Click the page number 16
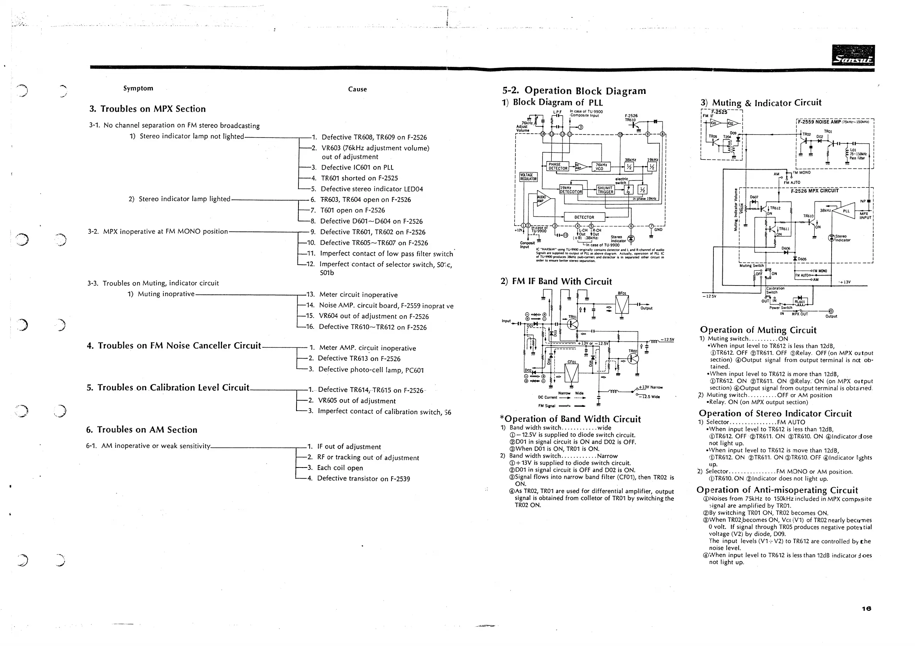coord(866,609)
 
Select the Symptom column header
coord(138,88)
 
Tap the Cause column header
coord(357,89)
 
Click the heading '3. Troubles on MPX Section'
coord(147,109)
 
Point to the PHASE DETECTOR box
coord(557,166)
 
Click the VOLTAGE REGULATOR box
coord(529,177)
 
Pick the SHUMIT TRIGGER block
coord(605,190)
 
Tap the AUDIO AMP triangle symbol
coord(543,199)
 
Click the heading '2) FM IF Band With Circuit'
coord(556,282)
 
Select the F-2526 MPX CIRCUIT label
coord(815,190)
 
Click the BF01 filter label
coord(622,293)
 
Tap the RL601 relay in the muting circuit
coord(800,302)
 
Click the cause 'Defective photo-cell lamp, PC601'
coord(371,370)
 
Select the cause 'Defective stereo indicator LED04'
coord(372,189)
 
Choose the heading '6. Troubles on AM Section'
coord(141,430)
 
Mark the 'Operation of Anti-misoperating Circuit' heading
coord(777,490)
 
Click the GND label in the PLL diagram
coord(658,229)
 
